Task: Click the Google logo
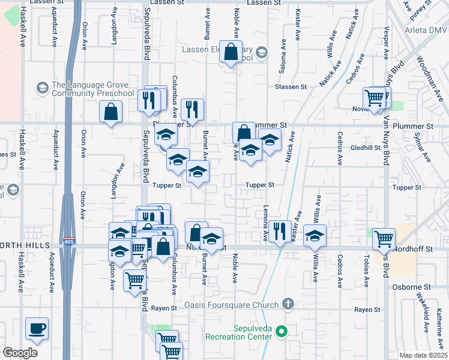pos(20,353)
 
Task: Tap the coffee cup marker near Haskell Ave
pos(37,328)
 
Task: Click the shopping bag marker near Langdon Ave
pos(111,111)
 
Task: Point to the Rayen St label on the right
pos(367,310)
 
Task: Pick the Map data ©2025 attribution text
pos(423,355)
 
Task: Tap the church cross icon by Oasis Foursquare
pos(288,304)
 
